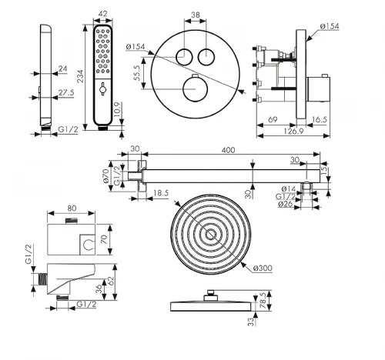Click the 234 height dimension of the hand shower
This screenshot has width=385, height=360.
click(80, 76)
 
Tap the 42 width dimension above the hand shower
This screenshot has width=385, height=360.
click(102, 13)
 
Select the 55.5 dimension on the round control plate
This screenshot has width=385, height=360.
click(137, 73)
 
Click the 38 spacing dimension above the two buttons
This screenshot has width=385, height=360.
click(196, 15)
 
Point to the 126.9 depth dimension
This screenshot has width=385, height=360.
click(293, 131)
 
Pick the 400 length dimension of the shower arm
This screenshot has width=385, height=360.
click(228, 150)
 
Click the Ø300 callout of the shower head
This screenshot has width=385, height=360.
click(263, 268)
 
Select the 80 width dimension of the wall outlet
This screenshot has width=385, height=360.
click(72, 208)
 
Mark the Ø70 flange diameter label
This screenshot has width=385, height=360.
click(106, 176)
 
